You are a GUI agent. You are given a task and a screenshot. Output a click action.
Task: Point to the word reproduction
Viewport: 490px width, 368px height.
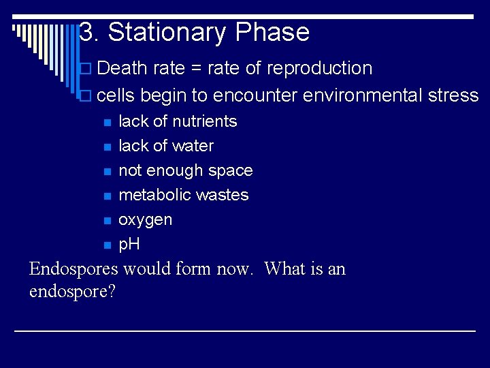pyautogui.click(x=319, y=69)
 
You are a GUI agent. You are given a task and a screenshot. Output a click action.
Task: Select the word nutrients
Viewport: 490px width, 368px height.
pyautogui.click(x=204, y=121)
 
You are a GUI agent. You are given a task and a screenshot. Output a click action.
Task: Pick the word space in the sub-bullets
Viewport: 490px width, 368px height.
pyautogui.click(x=230, y=171)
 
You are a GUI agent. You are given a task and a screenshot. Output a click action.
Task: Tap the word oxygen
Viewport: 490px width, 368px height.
pyautogui.click(x=145, y=220)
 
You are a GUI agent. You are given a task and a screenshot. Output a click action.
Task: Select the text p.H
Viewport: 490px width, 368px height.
pyautogui.click(x=129, y=244)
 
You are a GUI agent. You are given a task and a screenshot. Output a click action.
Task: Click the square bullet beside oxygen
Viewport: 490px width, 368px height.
pyautogui.click(x=106, y=221)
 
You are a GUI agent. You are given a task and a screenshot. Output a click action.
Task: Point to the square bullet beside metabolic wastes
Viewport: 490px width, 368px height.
pyautogui.click(x=106, y=196)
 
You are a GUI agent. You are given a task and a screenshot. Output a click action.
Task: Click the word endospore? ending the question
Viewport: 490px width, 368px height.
pyautogui.click(x=72, y=292)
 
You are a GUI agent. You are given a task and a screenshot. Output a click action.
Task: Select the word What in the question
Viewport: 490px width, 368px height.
pyautogui.click(x=285, y=269)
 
